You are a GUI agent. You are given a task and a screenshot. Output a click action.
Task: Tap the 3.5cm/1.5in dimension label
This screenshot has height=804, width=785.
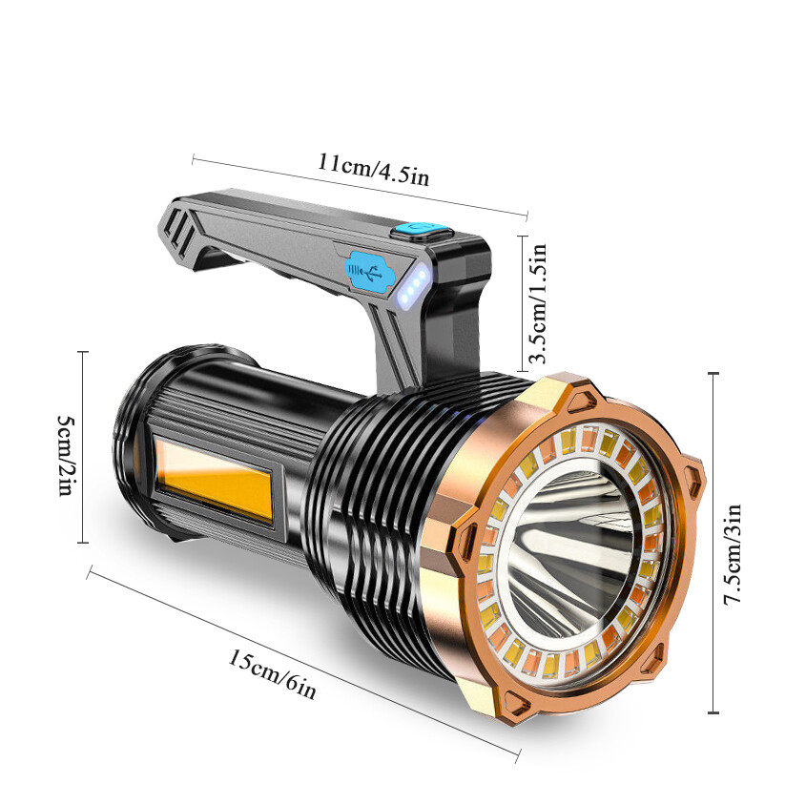(539, 303)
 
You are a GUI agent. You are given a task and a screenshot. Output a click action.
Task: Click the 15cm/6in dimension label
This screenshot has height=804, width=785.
(271, 673)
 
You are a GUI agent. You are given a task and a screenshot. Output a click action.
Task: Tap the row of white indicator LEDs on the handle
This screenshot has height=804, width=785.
(412, 288)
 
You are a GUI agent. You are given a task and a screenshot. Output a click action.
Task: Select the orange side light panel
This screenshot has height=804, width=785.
(215, 484)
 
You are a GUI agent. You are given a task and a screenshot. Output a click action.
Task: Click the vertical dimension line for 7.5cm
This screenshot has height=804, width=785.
(713, 544)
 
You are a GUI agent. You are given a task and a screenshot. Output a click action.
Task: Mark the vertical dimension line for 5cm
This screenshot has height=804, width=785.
(83, 446)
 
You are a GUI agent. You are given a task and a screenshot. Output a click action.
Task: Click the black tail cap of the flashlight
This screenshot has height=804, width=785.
(134, 448)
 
